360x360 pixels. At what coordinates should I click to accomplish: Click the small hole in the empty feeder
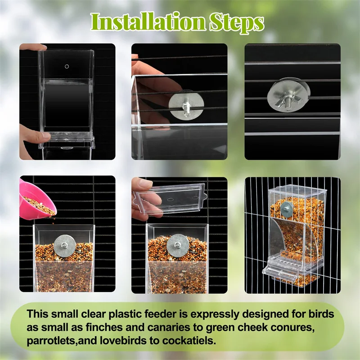tap(67, 67)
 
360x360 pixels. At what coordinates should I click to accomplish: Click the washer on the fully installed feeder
tap(286, 208)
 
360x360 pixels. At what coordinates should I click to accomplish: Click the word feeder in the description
tap(160, 314)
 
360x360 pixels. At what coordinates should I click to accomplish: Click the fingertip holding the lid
tap(144, 184)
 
